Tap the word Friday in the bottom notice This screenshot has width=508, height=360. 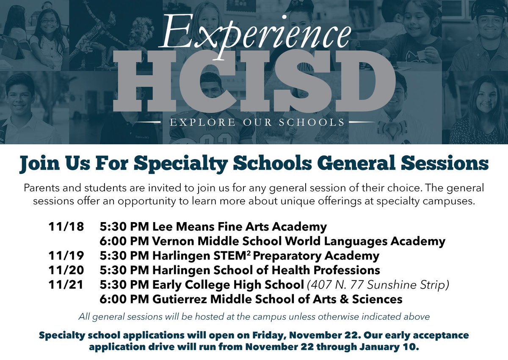click(248, 335)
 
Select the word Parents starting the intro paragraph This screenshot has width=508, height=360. click(41, 187)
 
